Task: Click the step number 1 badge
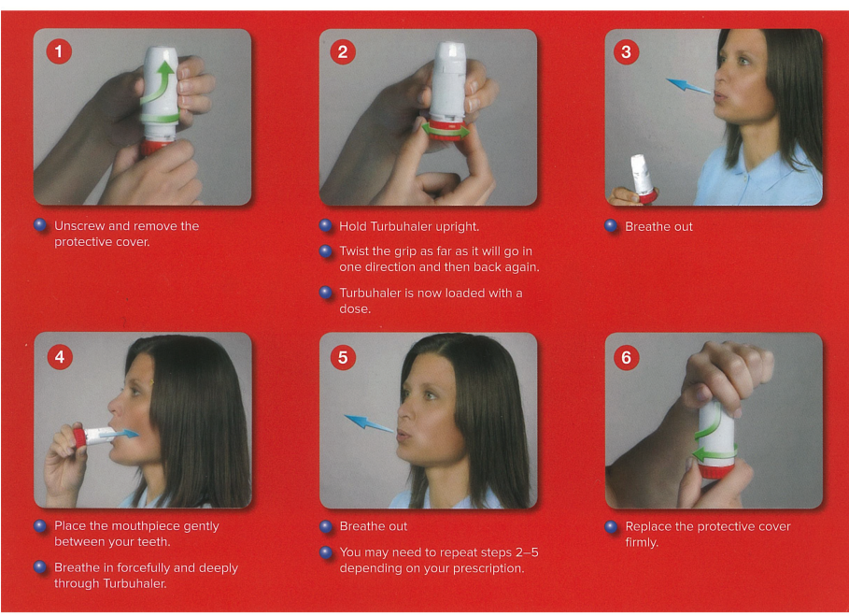pyautogui.click(x=59, y=51)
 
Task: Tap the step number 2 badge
pyautogui.click(x=343, y=52)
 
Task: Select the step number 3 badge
pyautogui.click(x=626, y=52)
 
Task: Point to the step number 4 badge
pyautogui.click(x=60, y=356)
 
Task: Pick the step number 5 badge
pyautogui.click(x=343, y=358)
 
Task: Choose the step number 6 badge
pyautogui.click(x=626, y=358)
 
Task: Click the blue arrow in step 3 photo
pyautogui.click(x=687, y=86)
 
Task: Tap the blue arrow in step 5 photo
pyautogui.click(x=369, y=423)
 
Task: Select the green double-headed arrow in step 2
pyautogui.click(x=446, y=130)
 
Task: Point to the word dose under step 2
pyautogui.click(x=355, y=308)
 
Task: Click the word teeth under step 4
pyautogui.click(x=155, y=542)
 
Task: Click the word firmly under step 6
pyautogui.click(x=642, y=542)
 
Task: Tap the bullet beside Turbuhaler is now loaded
pyautogui.click(x=325, y=293)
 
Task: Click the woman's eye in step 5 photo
pyautogui.click(x=431, y=396)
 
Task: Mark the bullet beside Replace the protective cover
pyautogui.click(x=611, y=526)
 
